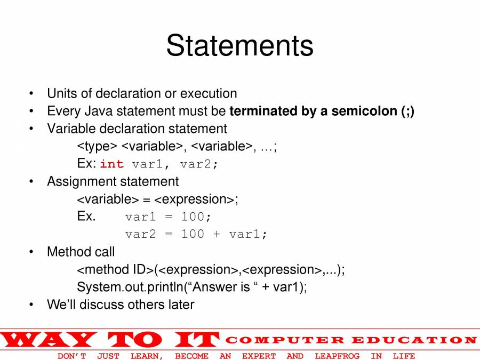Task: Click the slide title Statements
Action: [x=239, y=45]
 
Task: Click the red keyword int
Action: [x=111, y=164]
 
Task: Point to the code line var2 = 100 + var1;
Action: [x=196, y=234]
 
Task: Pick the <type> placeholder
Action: [x=97, y=147]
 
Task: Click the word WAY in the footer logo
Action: [x=48, y=340]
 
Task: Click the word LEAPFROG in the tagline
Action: [x=337, y=356]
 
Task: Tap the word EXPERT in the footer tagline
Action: [x=259, y=356]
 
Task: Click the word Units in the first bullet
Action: [x=62, y=94]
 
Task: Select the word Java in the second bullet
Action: [x=99, y=111]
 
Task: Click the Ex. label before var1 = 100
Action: [x=86, y=217]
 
